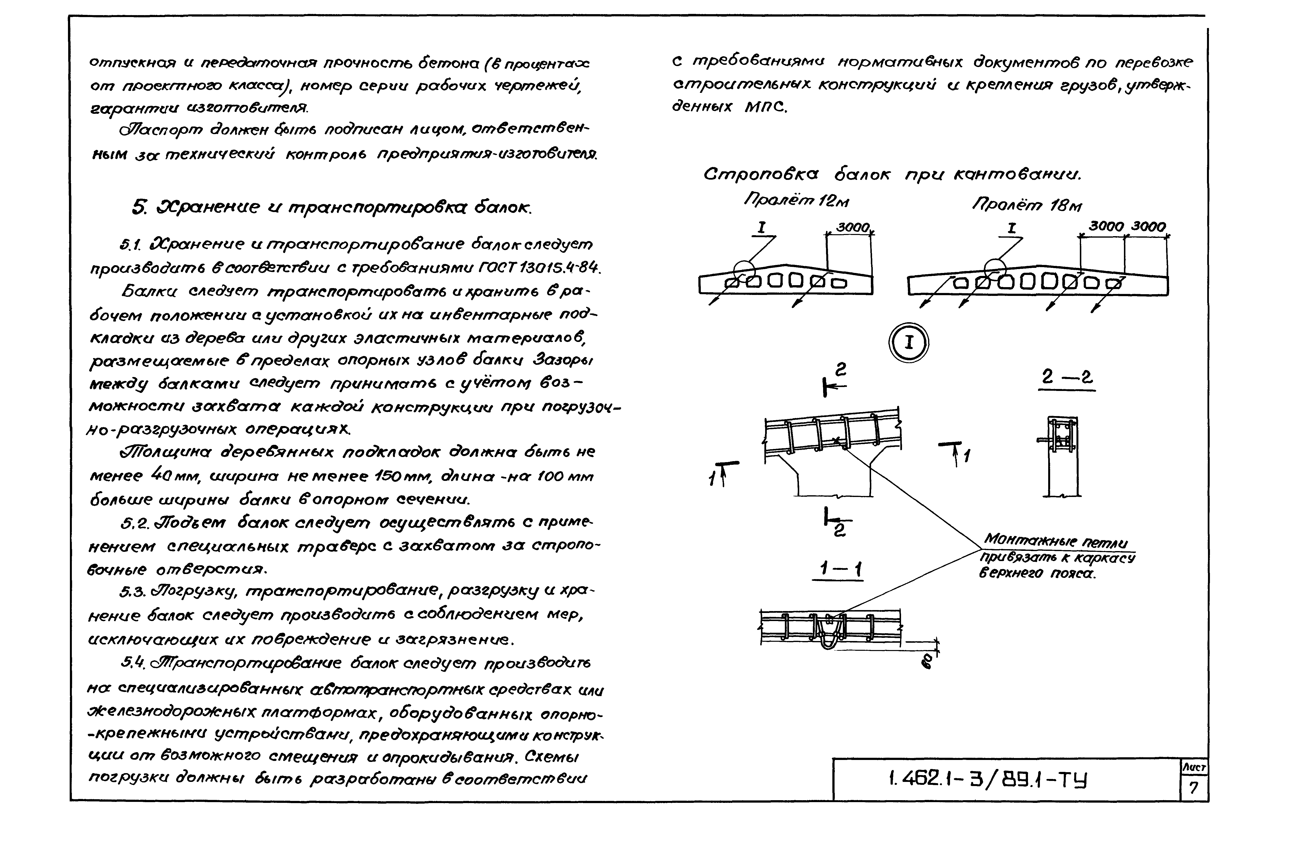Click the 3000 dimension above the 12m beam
852,227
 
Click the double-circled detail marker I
909,342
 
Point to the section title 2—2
1066,378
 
